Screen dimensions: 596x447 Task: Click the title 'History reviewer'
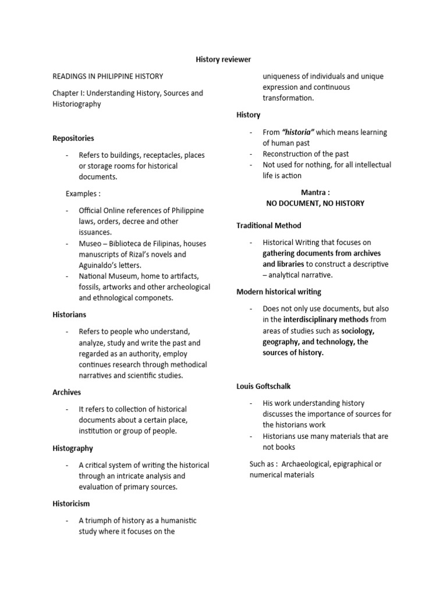(x=223, y=59)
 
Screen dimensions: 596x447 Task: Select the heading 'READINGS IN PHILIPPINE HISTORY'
(x=108, y=76)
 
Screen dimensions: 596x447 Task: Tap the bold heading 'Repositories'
(x=73, y=139)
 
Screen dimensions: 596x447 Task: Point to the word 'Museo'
(x=90, y=244)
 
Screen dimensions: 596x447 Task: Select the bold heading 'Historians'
(x=69, y=315)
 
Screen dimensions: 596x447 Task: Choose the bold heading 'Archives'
(x=67, y=392)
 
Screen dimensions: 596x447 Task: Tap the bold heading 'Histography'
(x=73, y=448)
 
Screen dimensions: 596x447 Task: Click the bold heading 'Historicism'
(x=71, y=503)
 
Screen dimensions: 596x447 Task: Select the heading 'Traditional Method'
(x=268, y=225)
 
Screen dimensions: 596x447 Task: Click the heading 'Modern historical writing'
(x=279, y=292)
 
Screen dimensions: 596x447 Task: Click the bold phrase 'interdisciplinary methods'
(x=325, y=320)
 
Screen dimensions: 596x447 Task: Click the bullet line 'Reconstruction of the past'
(x=306, y=154)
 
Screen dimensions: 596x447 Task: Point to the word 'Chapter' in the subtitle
(x=67, y=93)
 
